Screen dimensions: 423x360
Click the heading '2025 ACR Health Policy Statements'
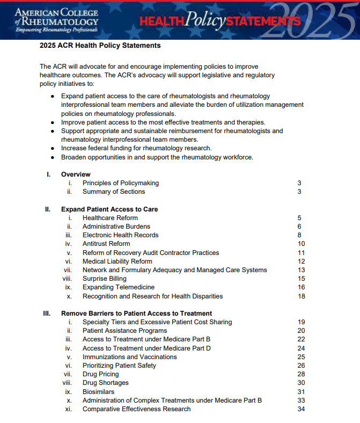tap(100, 46)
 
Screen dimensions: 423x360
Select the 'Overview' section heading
tap(76, 174)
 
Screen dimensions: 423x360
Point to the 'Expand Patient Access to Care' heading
tap(109, 209)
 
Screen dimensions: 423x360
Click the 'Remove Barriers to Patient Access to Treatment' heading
tap(136, 313)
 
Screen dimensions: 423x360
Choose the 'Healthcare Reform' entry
tap(110, 218)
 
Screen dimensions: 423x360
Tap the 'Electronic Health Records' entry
tap(120, 235)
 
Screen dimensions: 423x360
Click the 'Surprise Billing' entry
tap(104, 279)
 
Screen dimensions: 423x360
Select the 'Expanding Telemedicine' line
tap(118, 287)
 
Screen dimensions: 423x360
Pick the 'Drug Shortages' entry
tap(105, 383)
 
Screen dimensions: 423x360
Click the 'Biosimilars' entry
tap(98, 392)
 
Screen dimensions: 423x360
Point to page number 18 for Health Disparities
tap(301, 296)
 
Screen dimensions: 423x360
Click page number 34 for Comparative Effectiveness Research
tap(301, 409)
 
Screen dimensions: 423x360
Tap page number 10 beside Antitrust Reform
tap(301, 244)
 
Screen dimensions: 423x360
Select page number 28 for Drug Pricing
tap(301, 374)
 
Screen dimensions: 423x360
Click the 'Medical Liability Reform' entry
tap(117, 261)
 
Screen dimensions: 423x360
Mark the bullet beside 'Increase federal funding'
tap(52, 148)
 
